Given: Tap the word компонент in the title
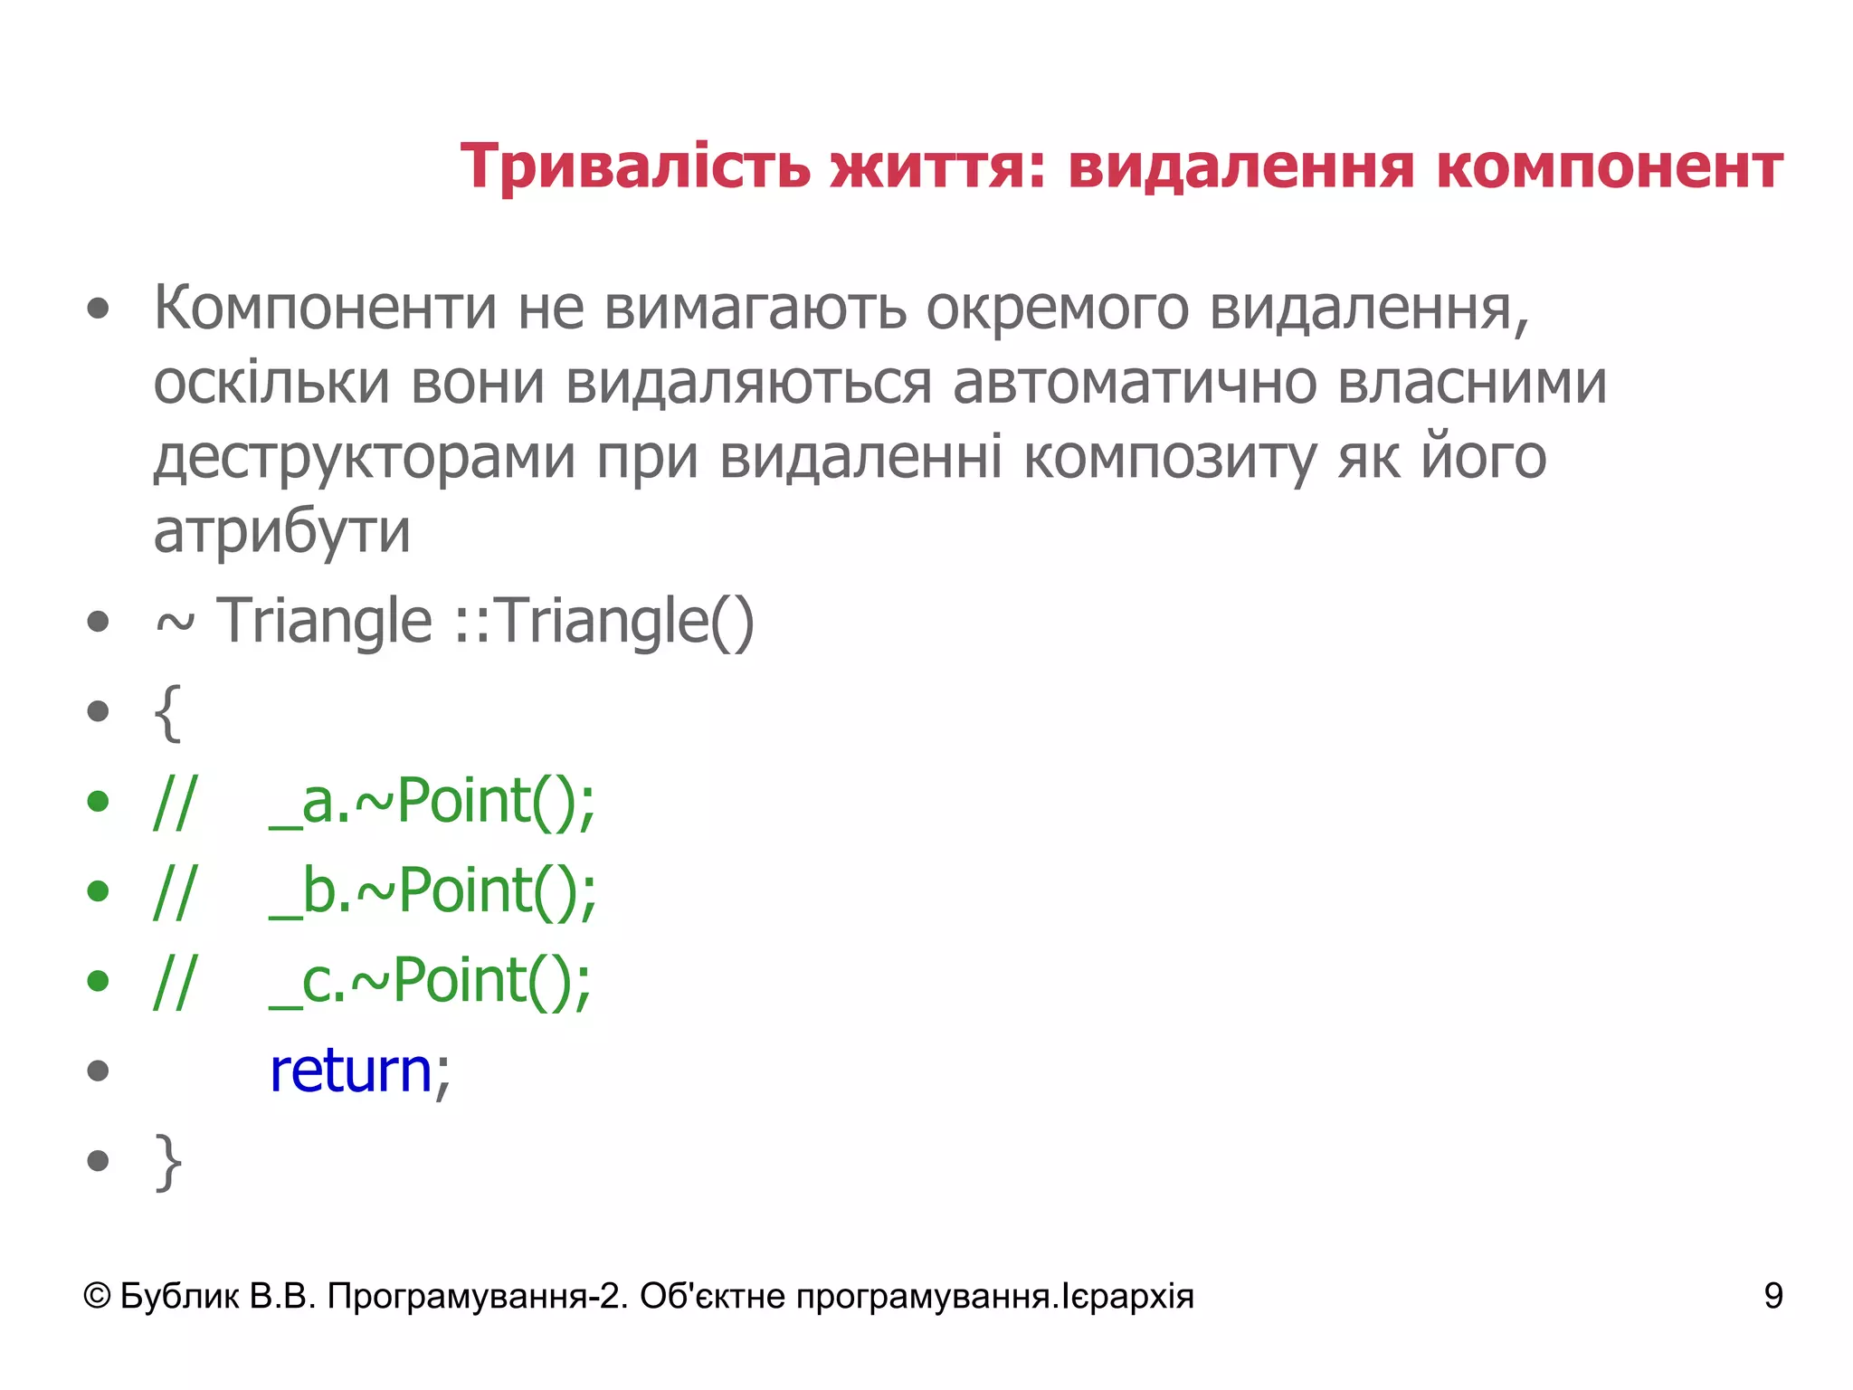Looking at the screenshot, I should click(1609, 168).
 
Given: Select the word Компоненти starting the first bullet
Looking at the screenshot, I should click(325, 309).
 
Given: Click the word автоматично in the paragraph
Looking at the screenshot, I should click(1134, 384).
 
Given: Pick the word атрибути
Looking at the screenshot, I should click(281, 532).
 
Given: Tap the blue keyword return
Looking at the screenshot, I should click(351, 1071).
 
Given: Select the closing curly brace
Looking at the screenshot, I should click(168, 1162).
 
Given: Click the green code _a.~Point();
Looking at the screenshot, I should click(432, 802).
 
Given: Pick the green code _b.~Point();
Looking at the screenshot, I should click(432, 892).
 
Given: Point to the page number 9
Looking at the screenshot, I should click(1772, 1297).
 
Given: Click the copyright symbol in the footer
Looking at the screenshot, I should click(97, 1297).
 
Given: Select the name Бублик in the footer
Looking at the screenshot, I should click(179, 1297).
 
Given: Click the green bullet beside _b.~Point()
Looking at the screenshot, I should click(98, 891).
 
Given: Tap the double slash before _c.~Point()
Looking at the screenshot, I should click(174, 982).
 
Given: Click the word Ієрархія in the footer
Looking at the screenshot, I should click(1127, 1297).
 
